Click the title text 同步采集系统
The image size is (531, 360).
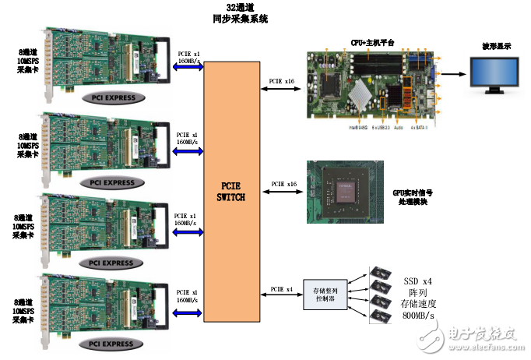tap(241, 18)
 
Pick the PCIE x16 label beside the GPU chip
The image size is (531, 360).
tap(283, 185)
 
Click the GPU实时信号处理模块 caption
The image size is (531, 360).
tap(413, 197)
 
